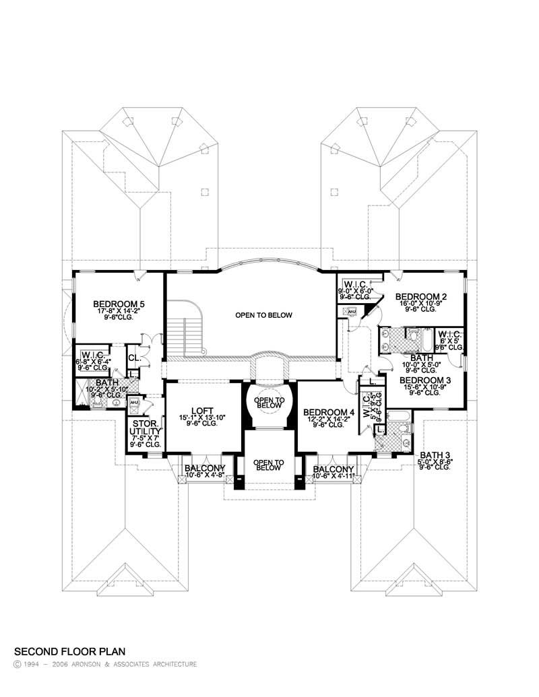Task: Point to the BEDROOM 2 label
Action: (x=421, y=296)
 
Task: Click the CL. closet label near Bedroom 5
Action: (x=133, y=358)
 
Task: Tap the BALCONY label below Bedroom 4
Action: (x=334, y=469)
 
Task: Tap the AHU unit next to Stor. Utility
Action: (x=133, y=403)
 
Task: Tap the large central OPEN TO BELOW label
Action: (x=263, y=315)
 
